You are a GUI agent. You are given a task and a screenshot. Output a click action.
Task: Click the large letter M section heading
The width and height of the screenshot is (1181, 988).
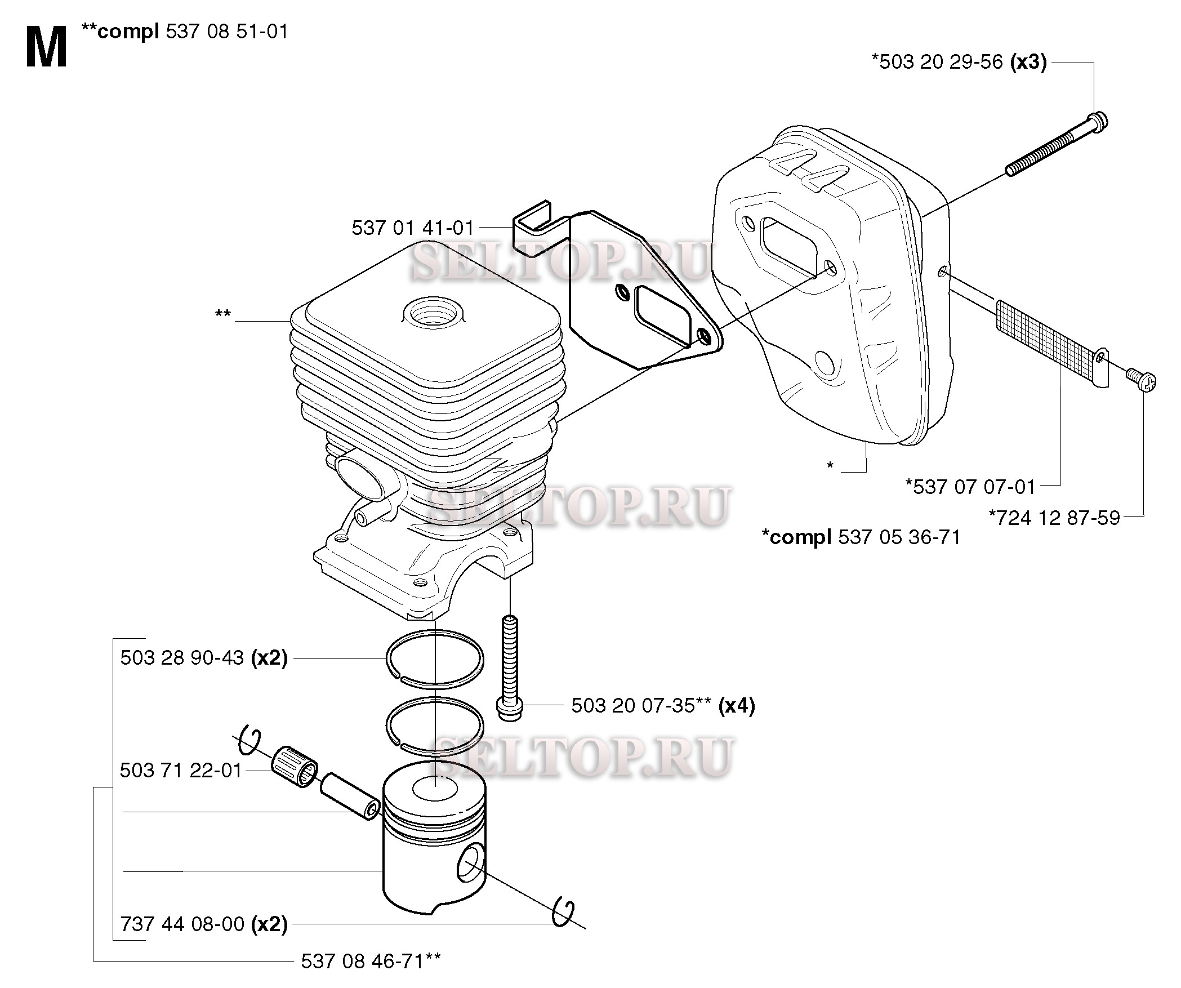[46, 48]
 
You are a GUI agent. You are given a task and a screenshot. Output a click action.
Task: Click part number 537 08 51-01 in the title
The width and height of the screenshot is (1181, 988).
[228, 32]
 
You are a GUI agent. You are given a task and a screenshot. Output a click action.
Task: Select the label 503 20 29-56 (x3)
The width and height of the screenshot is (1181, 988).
[959, 62]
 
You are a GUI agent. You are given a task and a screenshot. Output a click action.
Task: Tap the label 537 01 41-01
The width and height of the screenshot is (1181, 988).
[413, 228]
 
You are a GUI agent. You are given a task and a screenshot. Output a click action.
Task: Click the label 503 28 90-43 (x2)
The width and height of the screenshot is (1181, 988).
[204, 658]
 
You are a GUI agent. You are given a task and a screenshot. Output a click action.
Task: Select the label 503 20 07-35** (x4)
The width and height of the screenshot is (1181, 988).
[663, 705]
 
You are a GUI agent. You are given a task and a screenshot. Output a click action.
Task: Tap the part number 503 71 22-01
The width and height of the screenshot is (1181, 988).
[181, 770]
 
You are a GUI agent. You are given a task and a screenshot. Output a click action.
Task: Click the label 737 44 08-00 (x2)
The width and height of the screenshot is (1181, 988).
[204, 924]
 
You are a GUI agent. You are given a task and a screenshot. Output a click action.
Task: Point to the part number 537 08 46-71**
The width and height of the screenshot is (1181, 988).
[371, 960]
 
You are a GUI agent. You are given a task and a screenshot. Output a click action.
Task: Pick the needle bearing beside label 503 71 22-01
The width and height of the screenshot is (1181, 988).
[294, 767]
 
